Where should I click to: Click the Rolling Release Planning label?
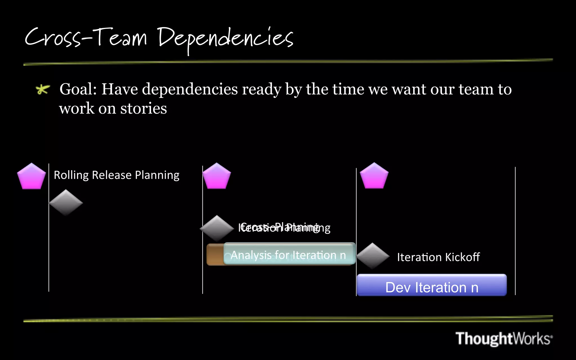[116, 175]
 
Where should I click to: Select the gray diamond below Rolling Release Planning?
[66, 202]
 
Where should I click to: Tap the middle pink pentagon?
[217, 176]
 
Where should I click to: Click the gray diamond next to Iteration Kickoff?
[373, 256]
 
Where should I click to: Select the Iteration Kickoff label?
[438, 257]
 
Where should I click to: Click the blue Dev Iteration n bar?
[432, 285]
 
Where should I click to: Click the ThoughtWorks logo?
[504, 338]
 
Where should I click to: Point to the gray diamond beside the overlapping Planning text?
[217, 228]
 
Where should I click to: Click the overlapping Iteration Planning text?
[284, 228]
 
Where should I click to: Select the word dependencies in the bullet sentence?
[190, 89]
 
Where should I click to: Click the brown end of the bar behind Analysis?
[215, 255]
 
